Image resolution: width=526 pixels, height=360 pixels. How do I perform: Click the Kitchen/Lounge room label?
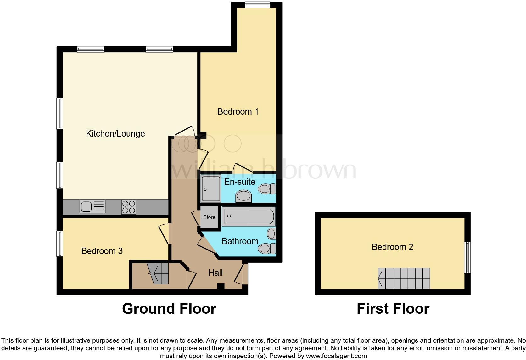[x=115, y=133]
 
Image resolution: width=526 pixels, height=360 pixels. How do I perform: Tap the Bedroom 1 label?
[x=238, y=111]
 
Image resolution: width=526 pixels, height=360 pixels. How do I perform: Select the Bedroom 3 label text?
[x=102, y=251]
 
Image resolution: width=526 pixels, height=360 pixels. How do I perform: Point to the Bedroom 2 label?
[x=392, y=247]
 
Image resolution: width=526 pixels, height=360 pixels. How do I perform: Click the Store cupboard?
[x=209, y=217]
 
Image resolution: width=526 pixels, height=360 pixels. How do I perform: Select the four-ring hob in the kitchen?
[x=129, y=207]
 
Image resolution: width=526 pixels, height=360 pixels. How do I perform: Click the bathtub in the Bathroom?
[x=249, y=216]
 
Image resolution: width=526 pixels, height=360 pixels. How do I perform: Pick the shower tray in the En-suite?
[x=211, y=188]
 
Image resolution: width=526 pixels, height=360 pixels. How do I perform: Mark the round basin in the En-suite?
[x=244, y=197]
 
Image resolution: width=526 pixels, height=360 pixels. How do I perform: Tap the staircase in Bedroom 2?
[x=404, y=278]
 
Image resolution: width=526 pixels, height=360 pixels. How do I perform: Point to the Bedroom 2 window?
[x=467, y=257]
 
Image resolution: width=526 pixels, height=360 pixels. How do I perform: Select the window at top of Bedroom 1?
[x=257, y=4]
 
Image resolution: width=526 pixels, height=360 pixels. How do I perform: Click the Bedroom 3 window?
[x=59, y=244]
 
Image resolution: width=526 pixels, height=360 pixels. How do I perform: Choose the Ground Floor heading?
[x=169, y=309]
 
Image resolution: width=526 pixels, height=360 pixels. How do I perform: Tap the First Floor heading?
[x=393, y=309]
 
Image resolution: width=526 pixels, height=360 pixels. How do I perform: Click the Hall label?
[x=215, y=273]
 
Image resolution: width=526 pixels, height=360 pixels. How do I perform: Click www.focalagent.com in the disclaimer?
[x=336, y=356]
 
